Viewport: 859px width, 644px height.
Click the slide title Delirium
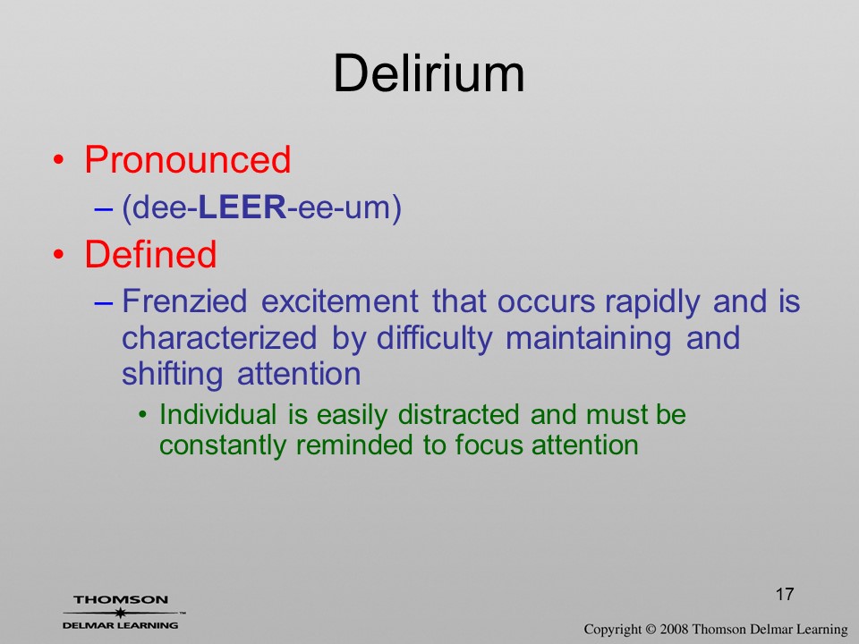pyautogui.click(x=429, y=73)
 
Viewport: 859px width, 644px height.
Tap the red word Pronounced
pyautogui.click(x=187, y=159)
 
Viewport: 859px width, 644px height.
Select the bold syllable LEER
pyautogui.click(x=242, y=207)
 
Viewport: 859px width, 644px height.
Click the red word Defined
pyautogui.click(x=150, y=254)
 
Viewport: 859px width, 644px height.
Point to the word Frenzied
pyautogui.click(x=184, y=301)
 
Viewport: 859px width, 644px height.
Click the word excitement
pyautogui.click(x=340, y=301)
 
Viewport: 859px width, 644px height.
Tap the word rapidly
pyautogui.click(x=652, y=302)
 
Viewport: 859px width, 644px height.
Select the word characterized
pyautogui.click(x=219, y=338)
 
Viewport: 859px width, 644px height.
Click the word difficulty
pyautogui.click(x=435, y=338)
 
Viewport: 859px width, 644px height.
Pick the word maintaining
pyautogui.click(x=589, y=338)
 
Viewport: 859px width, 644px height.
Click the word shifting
pyautogui.click(x=172, y=375)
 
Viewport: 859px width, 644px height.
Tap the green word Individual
pyautogui.click(x=218, y=414)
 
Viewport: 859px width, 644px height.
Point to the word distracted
pyautogui.click(x=458, y=414)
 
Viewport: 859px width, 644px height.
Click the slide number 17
pyautogui.click(x=785, y=594)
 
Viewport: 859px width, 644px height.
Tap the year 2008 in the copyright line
pyautogui.click(x=674, y=629)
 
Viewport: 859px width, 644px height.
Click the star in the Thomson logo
pyautogui.click(x=121, y=613)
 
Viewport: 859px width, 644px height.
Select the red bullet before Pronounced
pyautogui.click(x=59, y=160)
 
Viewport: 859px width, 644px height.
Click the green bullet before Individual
pyautogui.click(x=143, y=415)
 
